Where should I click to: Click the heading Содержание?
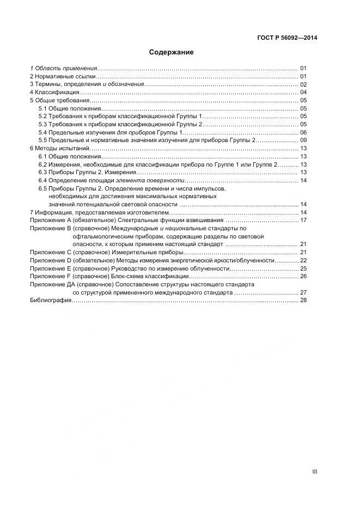tap(172, 53)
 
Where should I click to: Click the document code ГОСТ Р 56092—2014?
tap(287, 38)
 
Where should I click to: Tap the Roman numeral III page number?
tap(314, 472)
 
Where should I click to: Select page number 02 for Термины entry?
tap(303, 84)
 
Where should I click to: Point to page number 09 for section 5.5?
tap(303, 140)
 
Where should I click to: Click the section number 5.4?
tap(42, 132)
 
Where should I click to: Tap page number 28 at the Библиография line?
tap(303, 300)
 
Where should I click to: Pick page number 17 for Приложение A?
tap(303, 220)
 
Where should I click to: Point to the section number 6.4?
tap(42, 180)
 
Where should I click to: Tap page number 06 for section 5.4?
tap(303, 132)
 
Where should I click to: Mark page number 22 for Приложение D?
tap(303, 261)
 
